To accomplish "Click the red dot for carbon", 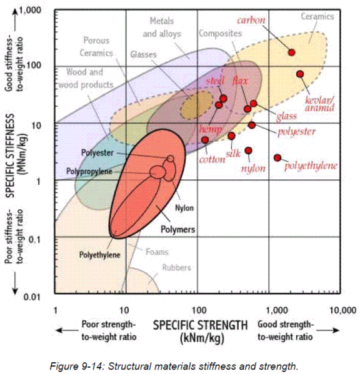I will pyautogui.click(x=291, y=52).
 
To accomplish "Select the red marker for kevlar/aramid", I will pyautogui.click(x=300, y=74).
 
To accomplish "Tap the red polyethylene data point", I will pyautogui.click(x=277, y=157).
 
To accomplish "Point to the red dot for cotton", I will pyautogui.click(x=205, y=140).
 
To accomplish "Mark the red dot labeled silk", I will pyautogui.click(x=231, y=135).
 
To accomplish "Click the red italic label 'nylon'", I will pyautogui.click(x=254, y=168).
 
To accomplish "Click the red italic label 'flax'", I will pyautogui.click(x=240, y=81).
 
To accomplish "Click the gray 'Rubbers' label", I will pyautogui.click(x=177, y=268).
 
